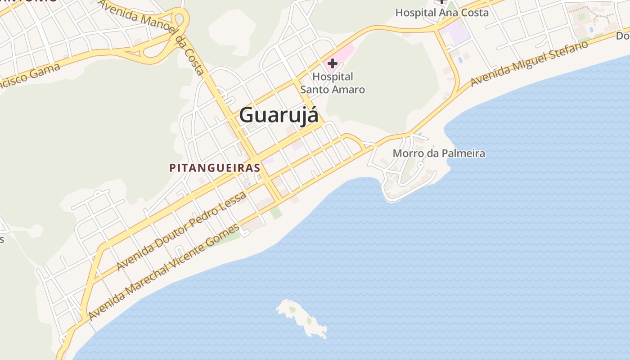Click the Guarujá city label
tap(279, 115)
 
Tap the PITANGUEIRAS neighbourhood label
tap(215, 168)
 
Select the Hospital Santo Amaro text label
tap(333, 83)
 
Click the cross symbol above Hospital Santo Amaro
tap(333, 63)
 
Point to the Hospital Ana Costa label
tap(442, 13)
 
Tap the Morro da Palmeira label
tap(439, 153)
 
